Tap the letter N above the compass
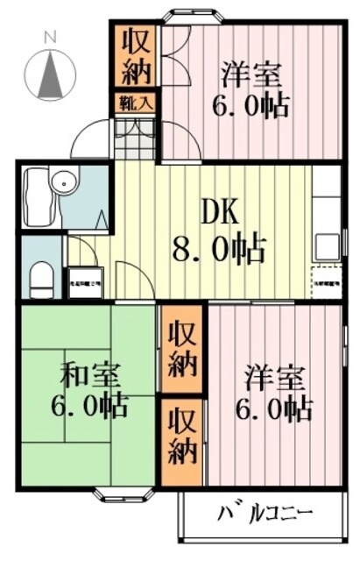[x=51, y=37]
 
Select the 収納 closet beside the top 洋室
[x=136, y=54]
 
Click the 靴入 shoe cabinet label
[x=136, y=102]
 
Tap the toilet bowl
[x=39, y=280]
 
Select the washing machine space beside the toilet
[x=85, y=281]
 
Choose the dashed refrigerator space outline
[x=325, y=279]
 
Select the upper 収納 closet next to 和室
[x=182, y=348]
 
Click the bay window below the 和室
[x=119, y=492]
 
